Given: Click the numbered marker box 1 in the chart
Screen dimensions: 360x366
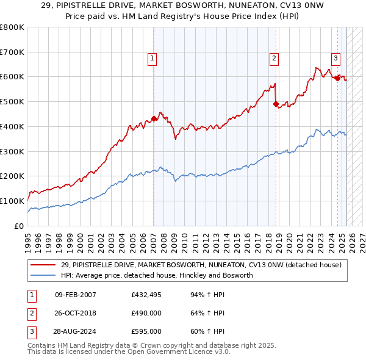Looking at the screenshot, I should [x=152, y=59].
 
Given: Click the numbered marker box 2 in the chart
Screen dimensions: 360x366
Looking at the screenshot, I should [x=274, y=59].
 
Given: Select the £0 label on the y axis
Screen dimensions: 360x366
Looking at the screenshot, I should [x=18, y=226].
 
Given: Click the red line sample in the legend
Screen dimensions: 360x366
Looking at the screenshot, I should [x=43, y=265].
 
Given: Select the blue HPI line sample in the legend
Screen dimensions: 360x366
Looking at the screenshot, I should [x=43, y=275].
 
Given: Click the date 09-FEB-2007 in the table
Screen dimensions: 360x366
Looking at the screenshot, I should [x=75, y=295].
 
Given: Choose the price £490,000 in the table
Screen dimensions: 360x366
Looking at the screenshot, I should [x=146, y=314].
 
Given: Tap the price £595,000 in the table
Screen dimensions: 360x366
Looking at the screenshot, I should [x=146, y=332].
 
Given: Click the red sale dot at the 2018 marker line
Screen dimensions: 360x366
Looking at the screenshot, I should [x=276, y=104].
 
